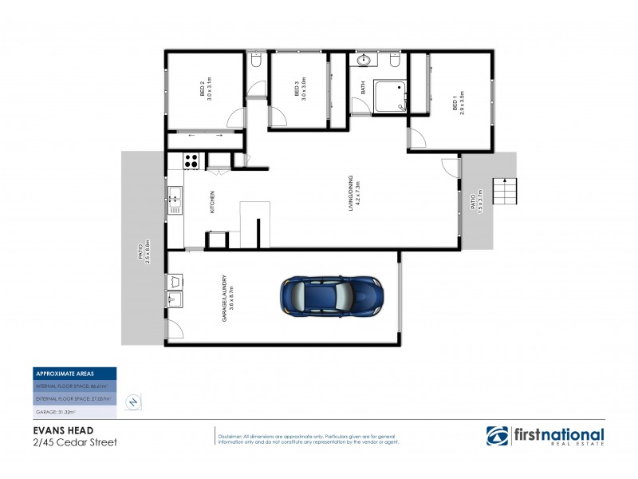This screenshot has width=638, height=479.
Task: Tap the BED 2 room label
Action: pos(206,89)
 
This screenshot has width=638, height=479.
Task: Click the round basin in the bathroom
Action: pos(364,60)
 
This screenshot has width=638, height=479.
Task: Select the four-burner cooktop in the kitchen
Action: pos(192,160)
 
